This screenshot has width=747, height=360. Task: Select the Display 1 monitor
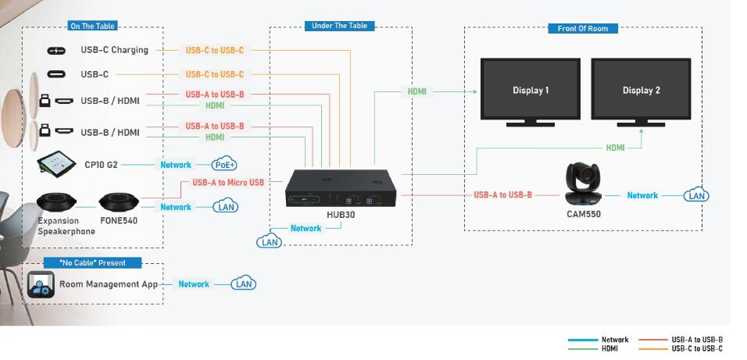531,91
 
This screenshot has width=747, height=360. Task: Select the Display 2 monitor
641,91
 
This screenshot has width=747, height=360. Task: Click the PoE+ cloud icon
224,165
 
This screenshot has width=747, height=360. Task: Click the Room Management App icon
41,284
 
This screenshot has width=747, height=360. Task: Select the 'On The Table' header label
93,26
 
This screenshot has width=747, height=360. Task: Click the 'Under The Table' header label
339,26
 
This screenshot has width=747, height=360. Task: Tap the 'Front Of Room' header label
583,28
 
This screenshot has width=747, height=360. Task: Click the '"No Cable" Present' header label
92,262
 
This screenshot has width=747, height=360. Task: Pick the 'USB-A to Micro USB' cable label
227,183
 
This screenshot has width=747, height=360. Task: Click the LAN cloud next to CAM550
696,195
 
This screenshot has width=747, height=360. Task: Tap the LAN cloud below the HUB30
269,242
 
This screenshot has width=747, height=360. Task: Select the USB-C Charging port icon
57,51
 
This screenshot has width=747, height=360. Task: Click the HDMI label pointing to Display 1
417,91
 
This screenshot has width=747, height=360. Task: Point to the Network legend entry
614,340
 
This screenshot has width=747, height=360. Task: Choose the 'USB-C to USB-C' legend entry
696,348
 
